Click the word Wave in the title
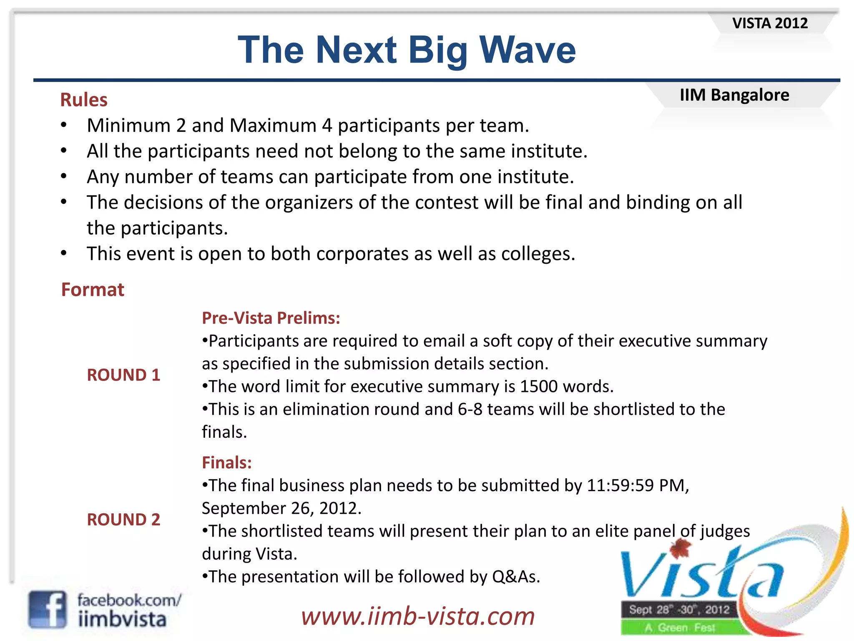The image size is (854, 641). pyautogui.click(x=527, y=50)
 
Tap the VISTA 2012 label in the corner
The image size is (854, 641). pyautogui.click(x=770, y=23)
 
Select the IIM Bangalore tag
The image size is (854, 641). pyautogui.click(x=734, y=95)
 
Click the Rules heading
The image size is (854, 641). pyautogui.click(x=84, y=100)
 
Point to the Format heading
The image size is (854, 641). pyautogui.click(x=93, y=290)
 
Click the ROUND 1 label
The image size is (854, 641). pyautogui.click(x=123, y=375)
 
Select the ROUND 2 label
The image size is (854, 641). pyautogui.click(x=123, y=520)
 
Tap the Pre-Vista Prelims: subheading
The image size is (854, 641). pyautogui.click(x=271, y=318)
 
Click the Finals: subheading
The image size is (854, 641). pyautogui.click(x=227, y=462)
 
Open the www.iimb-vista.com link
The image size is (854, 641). pyautogui.click(x=418, y=616)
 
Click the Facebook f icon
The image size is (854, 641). pyautogui.click(x=47, y=609)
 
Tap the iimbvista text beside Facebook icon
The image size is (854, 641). pyautogui.click(x=122, y=619)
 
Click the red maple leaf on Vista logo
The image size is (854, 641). pyautogui.click(x=680, y=548)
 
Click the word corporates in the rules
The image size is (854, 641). pyautogui.click(x=362, y=254)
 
